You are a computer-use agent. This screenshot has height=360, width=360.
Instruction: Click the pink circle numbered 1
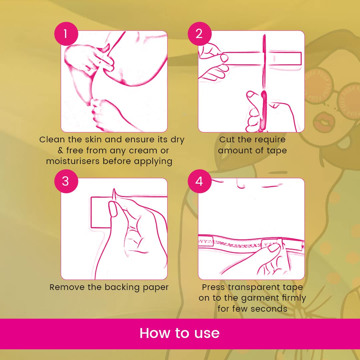tap(66, 34)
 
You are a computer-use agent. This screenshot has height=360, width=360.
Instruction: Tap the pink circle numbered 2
tap(200, 34)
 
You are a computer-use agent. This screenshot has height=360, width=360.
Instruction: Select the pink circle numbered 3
tap(66, 181)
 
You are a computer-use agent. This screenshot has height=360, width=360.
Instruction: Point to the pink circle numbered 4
tap(200, 181)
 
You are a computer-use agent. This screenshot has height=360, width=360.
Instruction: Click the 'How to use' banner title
tap(180, 333)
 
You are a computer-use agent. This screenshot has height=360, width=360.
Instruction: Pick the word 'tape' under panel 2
tap(277, 151)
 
